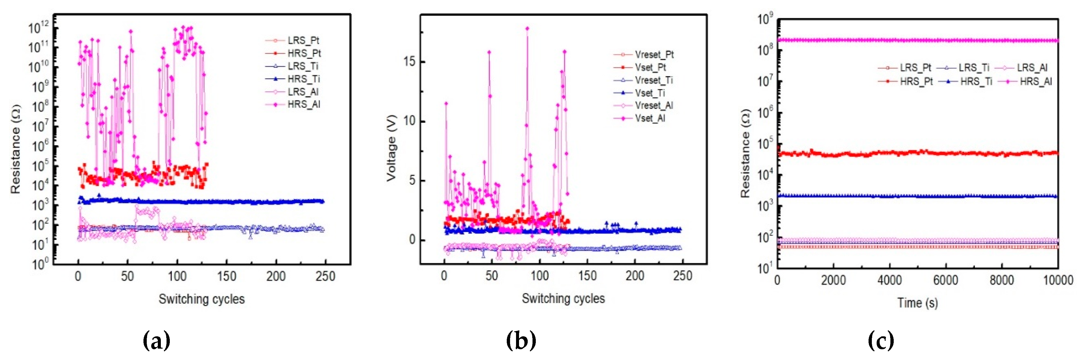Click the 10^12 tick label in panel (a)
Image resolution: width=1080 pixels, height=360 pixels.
pyautogui.click(x=39, y=28)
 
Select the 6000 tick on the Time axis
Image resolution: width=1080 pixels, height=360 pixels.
pyautogui.click(x=946, y=280)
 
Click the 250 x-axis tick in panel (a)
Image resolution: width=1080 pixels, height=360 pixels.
pyautogui.click(x=325, y=276)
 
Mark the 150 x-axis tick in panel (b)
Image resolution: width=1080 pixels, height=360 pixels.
pyautogui.click(x=587, y=276)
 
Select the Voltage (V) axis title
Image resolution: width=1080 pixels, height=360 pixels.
pyautogui.click(x=391, y=148)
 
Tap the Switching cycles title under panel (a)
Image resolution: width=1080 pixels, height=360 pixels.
pyautogui.click(x=201, y=299)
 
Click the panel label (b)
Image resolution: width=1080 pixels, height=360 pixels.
pyautogui.click(x=521, y=340)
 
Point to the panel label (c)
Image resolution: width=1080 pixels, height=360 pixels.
pyautogui.click(x=881, y=340)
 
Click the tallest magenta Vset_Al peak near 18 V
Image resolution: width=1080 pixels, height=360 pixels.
pyautogui.click(x=527, y=28)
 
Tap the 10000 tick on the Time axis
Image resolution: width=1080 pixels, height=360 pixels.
pyautogui.click(x=1057, y=280)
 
